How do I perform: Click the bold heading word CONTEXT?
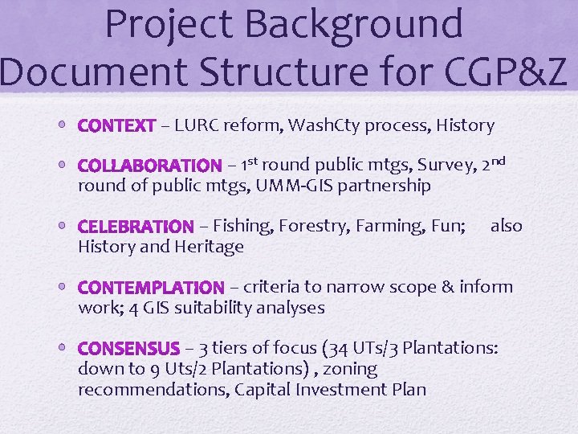pyautogui.click(x=116, y=125)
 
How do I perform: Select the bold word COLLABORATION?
pyautogui.click(x=149, y=166)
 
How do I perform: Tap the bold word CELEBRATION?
pyautogui.click(x=136, y=227)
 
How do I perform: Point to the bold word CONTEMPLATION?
pyautogui.click(x=151, y=287)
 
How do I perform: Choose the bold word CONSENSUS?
pyautogui.click(x=128, y=349)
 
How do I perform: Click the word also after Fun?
pyautogui.click(x=506, y=227)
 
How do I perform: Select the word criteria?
pyautogui.click(x=272, y=287)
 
